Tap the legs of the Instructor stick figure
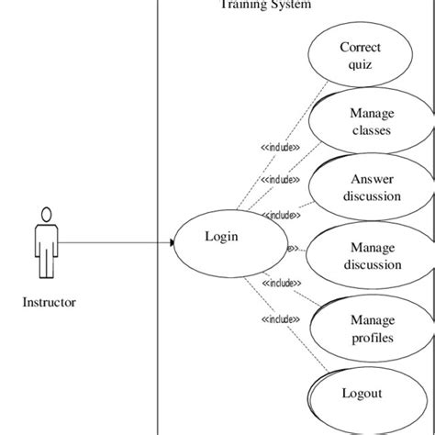tap(44, 265)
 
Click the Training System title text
tap(265, 5)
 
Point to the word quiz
tap(360, 64)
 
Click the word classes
tap(372, 130)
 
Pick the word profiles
tap(372, 338)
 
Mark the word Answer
tap(372, 180)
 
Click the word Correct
tap(360, 48)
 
